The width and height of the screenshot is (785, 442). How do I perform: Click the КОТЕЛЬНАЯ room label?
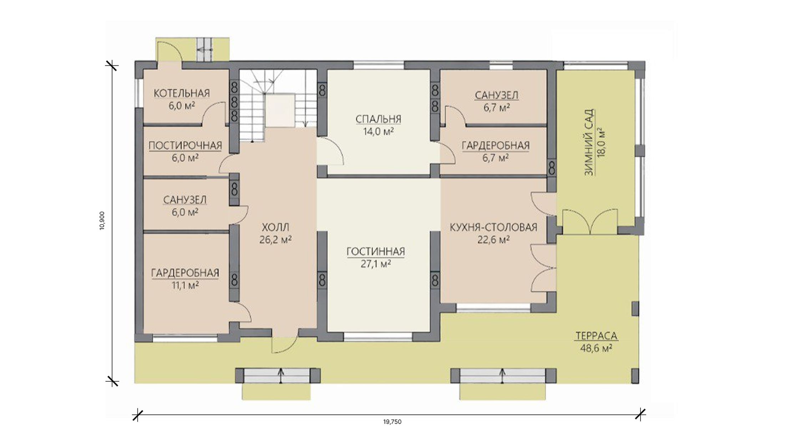[x=182, y=94]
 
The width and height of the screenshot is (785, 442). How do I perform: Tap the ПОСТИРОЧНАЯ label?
[x=185, y=146]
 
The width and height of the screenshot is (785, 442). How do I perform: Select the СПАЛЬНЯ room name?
[x=378, y=119]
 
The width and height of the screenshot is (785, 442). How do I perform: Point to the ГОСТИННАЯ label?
[x=376, y=252]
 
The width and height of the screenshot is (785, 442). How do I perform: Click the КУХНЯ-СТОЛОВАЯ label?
[x=493, y=227]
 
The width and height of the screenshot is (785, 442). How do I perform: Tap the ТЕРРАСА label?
[x=596, y=336]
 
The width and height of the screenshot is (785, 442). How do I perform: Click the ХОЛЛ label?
[x=275, y=227]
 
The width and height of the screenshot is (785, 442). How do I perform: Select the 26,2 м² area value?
[x=275, y=240]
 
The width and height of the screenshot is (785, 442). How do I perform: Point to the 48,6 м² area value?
[x=596, y=348]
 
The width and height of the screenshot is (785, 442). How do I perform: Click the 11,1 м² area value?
[x=185, y=285]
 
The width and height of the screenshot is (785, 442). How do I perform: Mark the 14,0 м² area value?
[x=378, y=131]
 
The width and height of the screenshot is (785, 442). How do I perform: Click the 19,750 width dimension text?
[x=392, y=422]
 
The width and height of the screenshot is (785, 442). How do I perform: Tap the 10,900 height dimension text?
[x=102, y=221]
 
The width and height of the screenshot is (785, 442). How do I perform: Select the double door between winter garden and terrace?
[x=590, y=222]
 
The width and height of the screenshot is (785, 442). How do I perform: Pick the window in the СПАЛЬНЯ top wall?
[x=379, y=65]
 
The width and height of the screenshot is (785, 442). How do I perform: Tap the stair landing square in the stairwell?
[x=280, y=110]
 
